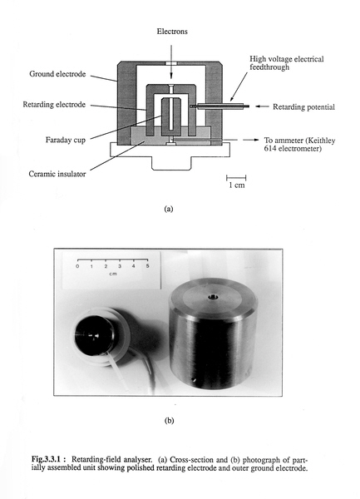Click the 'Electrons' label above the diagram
(x=172, y=32)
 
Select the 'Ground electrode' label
(x=57, y=74)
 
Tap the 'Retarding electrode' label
(x=54, y=105)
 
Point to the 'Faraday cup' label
(x=66, y=140)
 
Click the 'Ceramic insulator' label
(x=57, y=174)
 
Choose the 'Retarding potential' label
(x=303, y=107)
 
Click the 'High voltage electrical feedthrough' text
(x=287, y=63)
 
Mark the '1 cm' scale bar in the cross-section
(x=236, y=178)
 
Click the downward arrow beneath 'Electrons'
(x=171, y=62)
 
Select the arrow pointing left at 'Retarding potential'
(x=263, y=106)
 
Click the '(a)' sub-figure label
(x=169, y=209)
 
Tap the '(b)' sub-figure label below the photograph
(x=169, y=420)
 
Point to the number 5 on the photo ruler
(x=147, y=266)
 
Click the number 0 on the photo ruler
(x=77, y=266)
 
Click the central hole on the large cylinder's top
(x=212, y=297)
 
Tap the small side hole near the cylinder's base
(x=193, y=379)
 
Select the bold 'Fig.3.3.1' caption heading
(x=49, y=459)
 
